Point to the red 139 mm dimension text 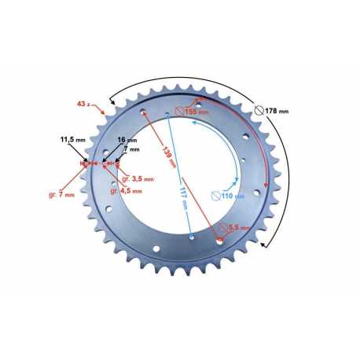(169, 156)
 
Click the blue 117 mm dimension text (184, 198)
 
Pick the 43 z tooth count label (83, 104)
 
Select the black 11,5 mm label (73, 139)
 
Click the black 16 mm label (127, 140)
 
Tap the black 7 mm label (131, 149)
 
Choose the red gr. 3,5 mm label (138, 179)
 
